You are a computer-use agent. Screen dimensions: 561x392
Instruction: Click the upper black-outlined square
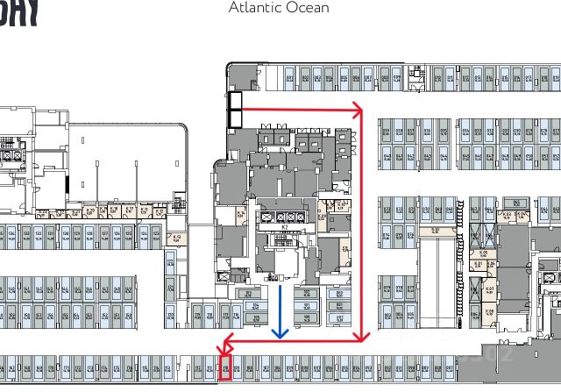(235, 99)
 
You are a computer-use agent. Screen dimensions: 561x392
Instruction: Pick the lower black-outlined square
(235, 117)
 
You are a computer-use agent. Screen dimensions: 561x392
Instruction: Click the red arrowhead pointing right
(358, 110)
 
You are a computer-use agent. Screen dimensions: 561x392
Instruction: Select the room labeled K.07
(481, 291)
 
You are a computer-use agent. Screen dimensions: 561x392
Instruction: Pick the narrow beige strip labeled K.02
(436, 231)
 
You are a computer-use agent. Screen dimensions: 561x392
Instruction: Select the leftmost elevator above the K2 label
(266, 216)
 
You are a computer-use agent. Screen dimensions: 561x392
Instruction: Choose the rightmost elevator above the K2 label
(302, 216)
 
